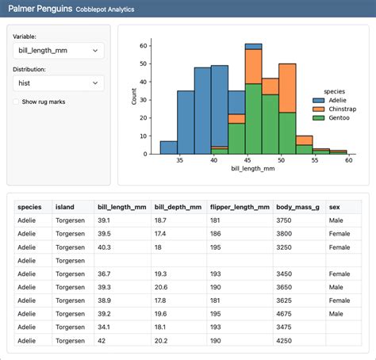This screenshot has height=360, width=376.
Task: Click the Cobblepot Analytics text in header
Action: click(x=105, y=9)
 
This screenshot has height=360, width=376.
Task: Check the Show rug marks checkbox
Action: click(x=17, y=101)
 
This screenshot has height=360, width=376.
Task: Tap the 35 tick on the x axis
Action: click(x=181, y=159)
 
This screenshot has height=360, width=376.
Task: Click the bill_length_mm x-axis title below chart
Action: click(x=253, y=168)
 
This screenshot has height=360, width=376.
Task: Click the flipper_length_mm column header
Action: click(x=238, y=206)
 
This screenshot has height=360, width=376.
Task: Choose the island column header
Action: click(x=65, y=206)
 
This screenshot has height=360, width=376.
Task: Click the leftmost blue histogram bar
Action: click(x=168, y=147)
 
